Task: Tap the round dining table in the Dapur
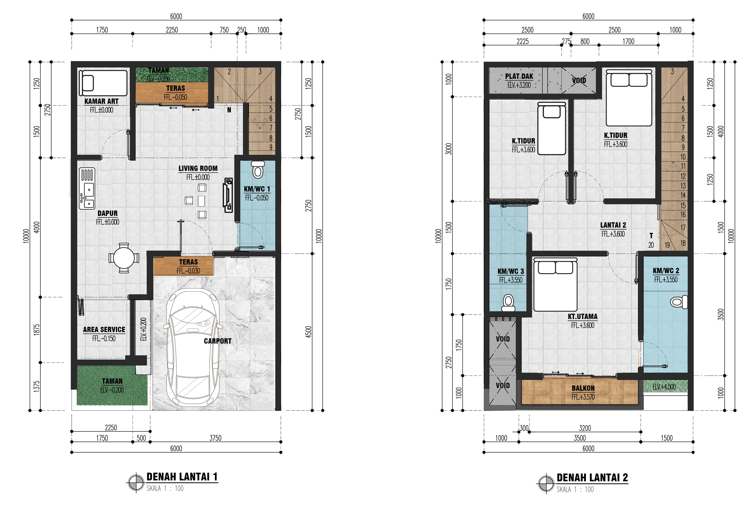tap(124, 258)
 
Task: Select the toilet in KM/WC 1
tap(258, 170)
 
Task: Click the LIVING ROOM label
tap(198, 168)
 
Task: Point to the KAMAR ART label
tap(102, 101)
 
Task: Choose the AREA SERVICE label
tap(104, 330)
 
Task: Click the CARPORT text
tap(218, 341)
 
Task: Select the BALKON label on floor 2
tap(583, 388)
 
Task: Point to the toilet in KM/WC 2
tap(679, 302)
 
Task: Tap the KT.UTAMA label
tap(583, 317)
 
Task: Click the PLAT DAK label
tap(519, 76)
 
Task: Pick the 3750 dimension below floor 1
tap(215, 438)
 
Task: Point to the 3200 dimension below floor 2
tap(585, 428)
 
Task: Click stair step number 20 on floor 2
tap(651, 245)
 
